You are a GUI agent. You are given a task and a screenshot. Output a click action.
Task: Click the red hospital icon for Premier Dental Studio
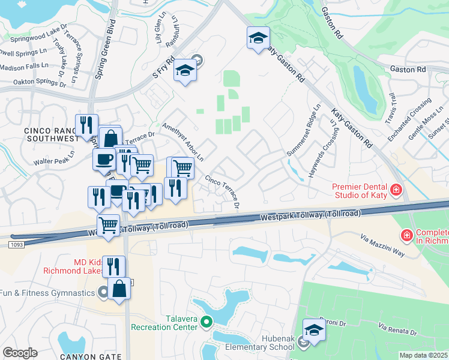[x=396, y=191]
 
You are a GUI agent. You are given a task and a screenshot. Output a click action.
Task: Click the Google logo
[x=20, y=353]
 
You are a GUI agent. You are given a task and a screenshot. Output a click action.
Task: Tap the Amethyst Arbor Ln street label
[x=184, y=142]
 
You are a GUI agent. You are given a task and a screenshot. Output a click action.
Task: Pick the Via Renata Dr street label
[x=397, y=329]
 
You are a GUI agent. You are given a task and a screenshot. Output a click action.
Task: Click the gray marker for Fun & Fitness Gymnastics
[x=103, y=293]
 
